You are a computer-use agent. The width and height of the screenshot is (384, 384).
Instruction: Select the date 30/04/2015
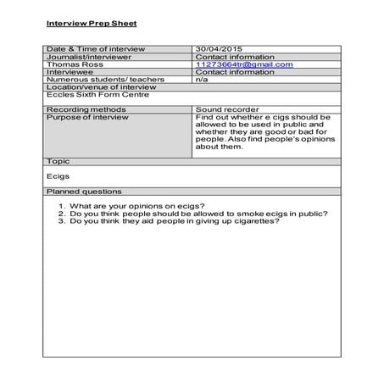219,49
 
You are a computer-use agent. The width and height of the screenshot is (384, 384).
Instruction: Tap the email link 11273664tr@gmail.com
244,64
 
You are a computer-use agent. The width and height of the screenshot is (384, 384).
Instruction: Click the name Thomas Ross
70,64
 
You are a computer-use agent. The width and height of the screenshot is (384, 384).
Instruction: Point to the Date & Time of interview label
96,49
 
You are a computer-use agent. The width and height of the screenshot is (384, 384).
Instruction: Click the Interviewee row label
70,72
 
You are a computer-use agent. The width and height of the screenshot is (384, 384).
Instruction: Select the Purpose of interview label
88,118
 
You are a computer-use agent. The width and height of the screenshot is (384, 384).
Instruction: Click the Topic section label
58,160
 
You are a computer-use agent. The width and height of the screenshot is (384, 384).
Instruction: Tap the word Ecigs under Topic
58,176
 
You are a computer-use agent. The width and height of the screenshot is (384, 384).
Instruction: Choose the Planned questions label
84,192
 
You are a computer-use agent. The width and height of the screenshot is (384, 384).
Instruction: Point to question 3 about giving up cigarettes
174,221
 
